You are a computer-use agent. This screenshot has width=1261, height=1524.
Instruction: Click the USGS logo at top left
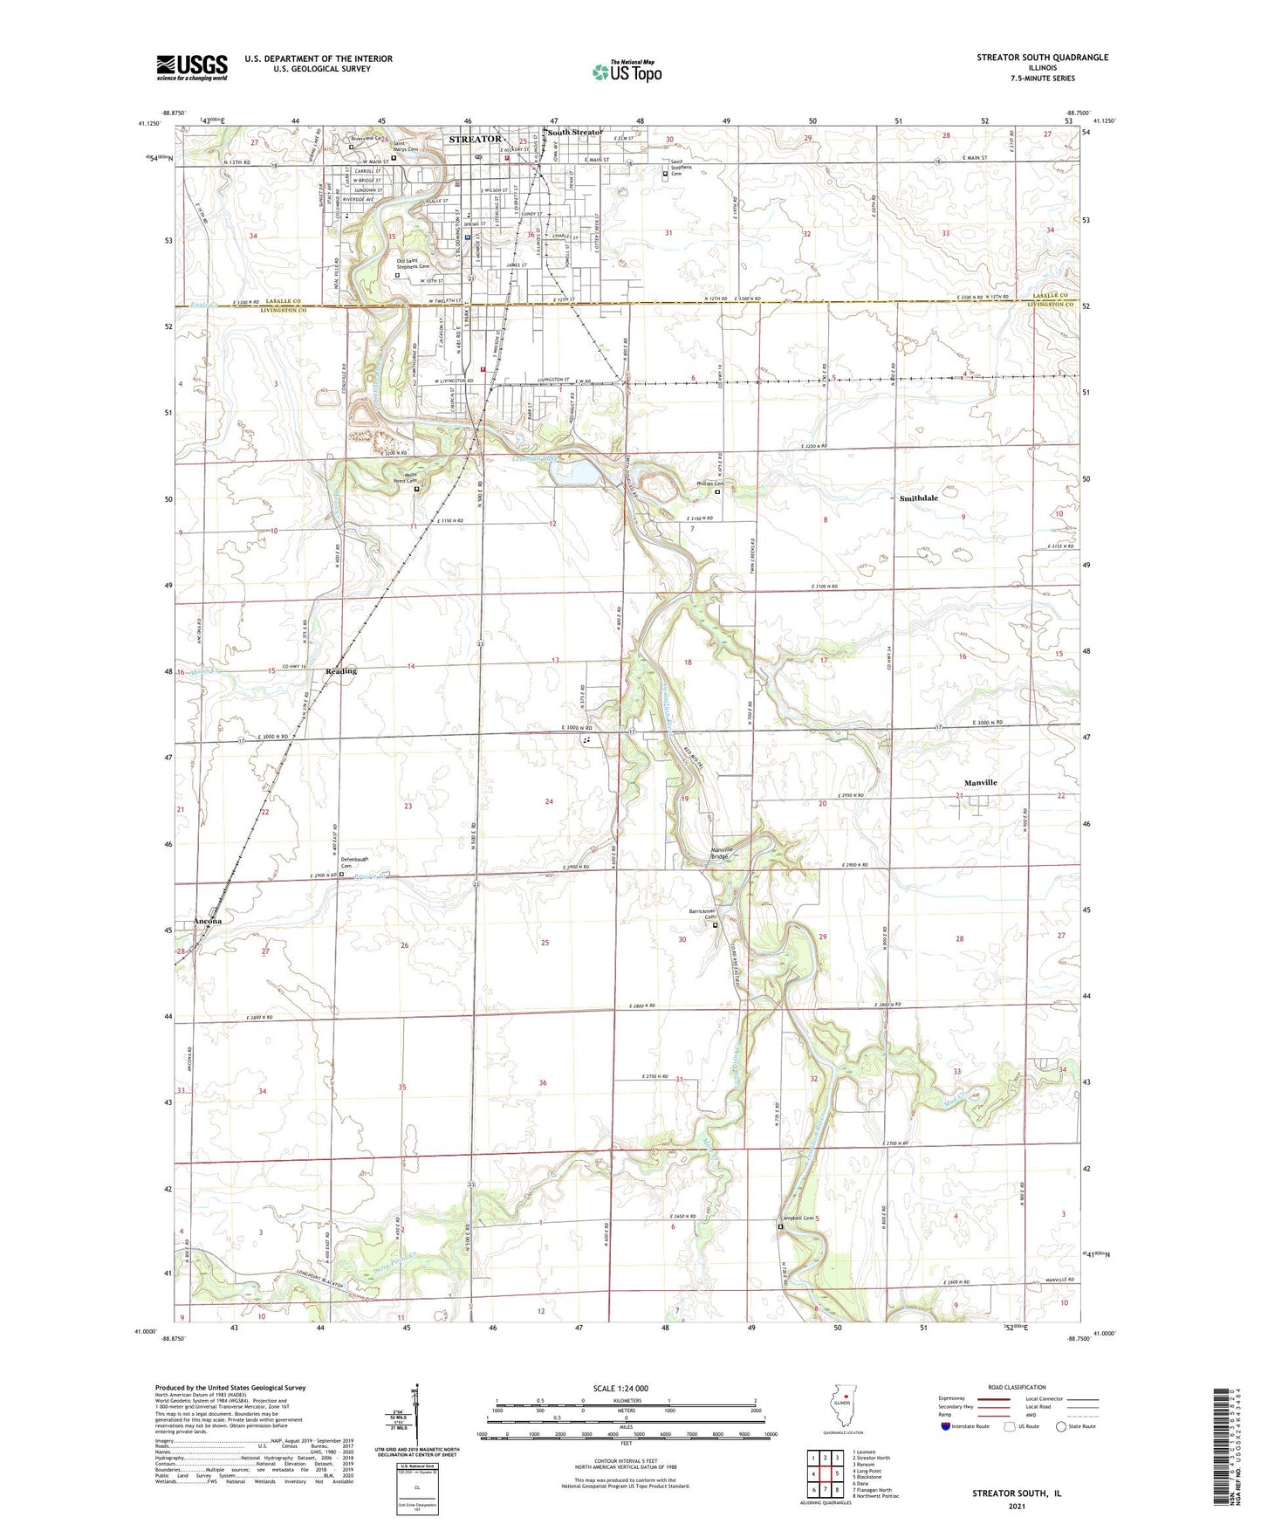[191, 67]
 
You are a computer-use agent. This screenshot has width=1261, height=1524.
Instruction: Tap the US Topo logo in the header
[627, 72]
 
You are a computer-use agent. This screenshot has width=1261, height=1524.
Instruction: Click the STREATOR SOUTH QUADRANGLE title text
[1042, 58]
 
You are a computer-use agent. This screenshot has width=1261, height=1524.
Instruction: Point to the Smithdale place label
[919, 498]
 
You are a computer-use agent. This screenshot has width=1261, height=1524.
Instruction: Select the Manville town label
[980, 783]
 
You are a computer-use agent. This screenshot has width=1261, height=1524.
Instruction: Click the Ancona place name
[208, 921]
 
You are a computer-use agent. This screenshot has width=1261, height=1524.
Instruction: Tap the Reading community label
[341, 671]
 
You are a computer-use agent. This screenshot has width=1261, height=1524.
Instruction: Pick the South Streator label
[575, 133]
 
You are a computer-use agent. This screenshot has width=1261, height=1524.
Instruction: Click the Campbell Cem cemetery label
[797, 1219]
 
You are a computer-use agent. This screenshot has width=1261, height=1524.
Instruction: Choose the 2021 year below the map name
[1017, 1506]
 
